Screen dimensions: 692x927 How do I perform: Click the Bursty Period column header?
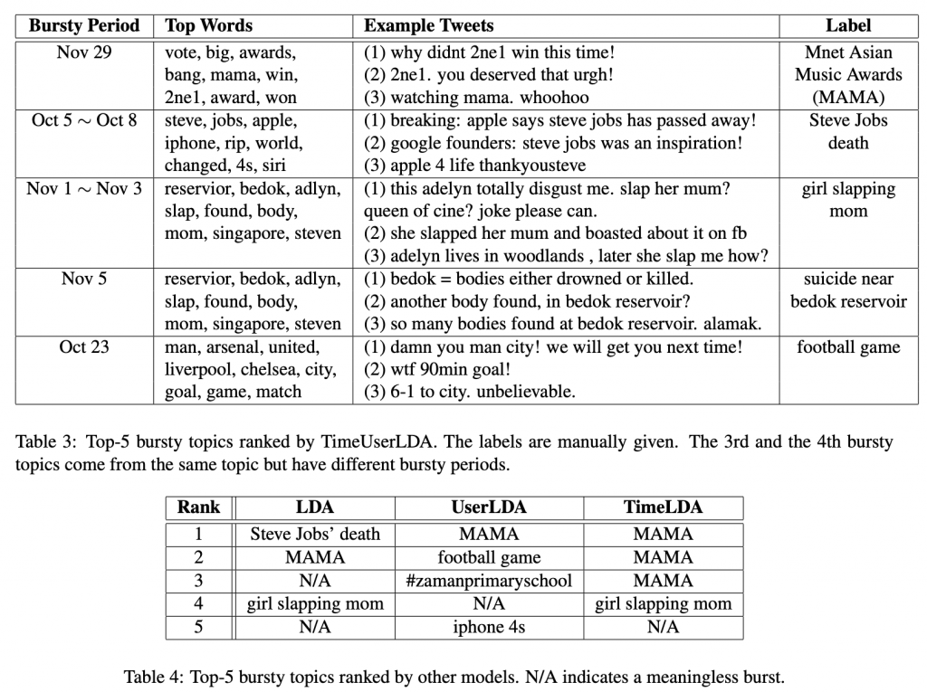tap(84, 25)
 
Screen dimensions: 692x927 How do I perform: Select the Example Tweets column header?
tap(428, 25)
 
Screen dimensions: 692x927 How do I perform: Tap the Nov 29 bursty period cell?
tap(84, 52)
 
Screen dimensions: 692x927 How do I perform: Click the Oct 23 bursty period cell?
tap(84, 346)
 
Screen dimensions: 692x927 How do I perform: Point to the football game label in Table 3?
tap(848, 346)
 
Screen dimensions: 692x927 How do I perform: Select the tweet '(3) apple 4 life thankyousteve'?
tap(475, 166)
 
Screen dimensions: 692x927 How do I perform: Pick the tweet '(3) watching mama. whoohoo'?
tap(476, 97)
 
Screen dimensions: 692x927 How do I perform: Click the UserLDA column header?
tap(489, 507)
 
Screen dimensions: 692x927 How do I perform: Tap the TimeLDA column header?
tap(663, 507)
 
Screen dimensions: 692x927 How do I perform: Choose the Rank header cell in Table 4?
tap(198, 507)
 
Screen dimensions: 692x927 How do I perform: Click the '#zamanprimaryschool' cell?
tap(489, 581)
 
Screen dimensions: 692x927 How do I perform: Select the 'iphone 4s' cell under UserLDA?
tap(489, 627)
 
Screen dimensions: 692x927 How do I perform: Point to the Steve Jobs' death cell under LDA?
tap(315, 534)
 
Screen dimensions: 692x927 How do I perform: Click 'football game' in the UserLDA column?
tap(489, 557)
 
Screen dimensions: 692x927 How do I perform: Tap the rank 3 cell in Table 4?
tap(198, 581)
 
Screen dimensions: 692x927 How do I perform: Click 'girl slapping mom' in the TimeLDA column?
tap(663, 603)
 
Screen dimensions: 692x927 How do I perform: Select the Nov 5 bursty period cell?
tap(84, 279)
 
